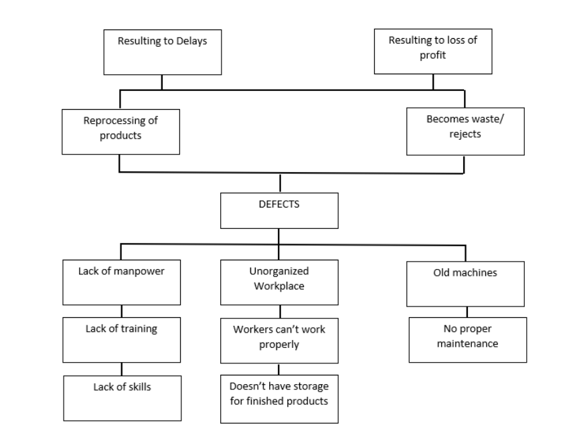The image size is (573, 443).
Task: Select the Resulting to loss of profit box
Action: pos(432,51)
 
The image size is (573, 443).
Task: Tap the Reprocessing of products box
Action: pos(120,132)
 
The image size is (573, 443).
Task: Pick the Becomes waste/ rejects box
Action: pos(465,132)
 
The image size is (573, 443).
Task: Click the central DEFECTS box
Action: pos(279,210)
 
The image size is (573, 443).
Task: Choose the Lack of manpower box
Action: pos(121,282)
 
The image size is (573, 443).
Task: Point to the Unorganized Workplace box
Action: pos(279,282)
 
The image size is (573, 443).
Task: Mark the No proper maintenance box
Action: pos(467,340)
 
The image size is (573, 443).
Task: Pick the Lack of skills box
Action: pos(122,397)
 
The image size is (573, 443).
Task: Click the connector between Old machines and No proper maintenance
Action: pos(467,312)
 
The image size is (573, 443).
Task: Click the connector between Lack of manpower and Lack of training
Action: pos(121,311)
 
